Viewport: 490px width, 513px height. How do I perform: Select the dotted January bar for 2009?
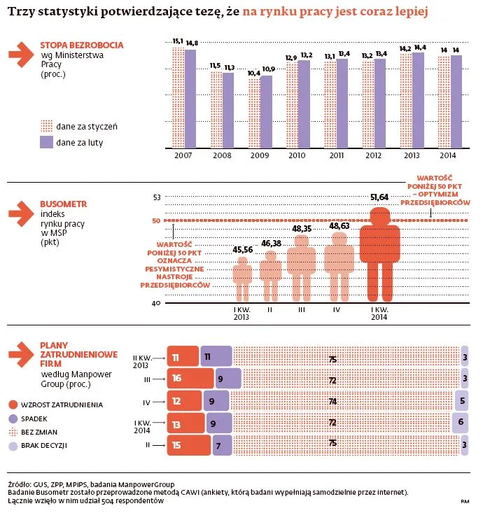tap(254, 112)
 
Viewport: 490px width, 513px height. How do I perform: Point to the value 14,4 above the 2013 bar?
tap(419, 47)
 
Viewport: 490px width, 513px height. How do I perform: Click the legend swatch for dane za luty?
tap(46, 142)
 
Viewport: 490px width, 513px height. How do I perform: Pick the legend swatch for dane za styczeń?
tap(46, 126)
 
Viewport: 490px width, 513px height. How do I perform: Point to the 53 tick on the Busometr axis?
tap(156, 197)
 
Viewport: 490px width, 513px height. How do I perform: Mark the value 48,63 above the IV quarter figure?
tap(340, 227)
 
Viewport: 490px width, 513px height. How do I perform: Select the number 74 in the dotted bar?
tap(333, 402)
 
